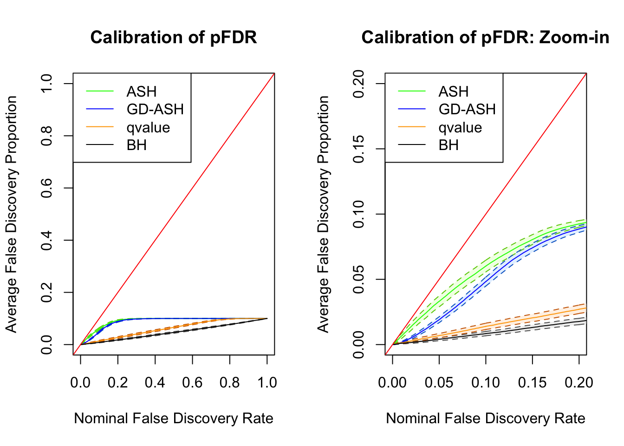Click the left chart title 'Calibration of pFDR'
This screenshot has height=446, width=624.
tap(174, 38)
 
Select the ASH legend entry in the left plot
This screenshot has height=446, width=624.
tap(142, 92)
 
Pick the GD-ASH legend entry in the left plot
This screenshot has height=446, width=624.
tap(155, 109)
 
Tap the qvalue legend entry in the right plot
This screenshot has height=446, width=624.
tap(460, 127)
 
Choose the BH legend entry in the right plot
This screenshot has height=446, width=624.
tap(448, 145)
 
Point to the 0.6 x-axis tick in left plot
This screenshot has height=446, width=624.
tap(192, 382)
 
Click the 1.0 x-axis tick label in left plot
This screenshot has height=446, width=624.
tap(267, 382)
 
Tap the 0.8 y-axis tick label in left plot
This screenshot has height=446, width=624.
tap(47, 136)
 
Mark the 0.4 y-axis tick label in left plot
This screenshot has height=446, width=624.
tap(47, 240)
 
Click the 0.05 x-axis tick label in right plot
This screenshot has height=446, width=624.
tap(439, 382)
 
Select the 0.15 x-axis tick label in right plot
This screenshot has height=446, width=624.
tap(532, 382)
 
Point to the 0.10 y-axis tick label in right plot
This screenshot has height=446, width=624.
tap(359, 214)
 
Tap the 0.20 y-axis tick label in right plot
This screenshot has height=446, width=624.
tap(359, 84)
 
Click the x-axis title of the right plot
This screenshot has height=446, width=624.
tap(485, 418)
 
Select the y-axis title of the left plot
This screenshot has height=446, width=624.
tap(11, 214)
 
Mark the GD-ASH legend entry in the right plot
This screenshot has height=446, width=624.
tap(467, 109)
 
